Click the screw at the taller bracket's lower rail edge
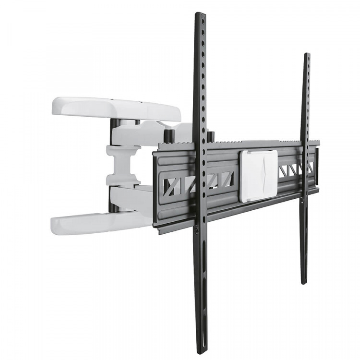click(x=197, y=231)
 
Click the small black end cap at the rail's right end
click(x=316, y=166)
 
